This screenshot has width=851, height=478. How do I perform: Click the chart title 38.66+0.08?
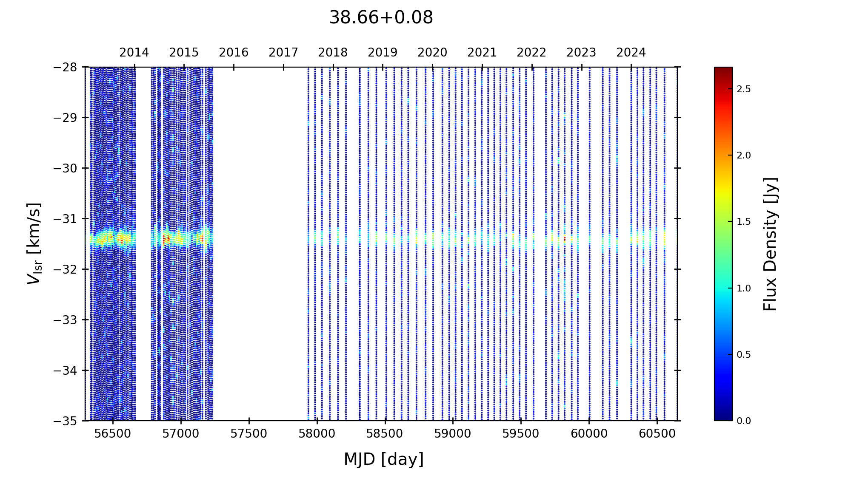coord(381,18)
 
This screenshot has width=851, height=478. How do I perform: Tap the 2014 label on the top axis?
coord(134,53)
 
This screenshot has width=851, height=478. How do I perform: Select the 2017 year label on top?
coord(283,53)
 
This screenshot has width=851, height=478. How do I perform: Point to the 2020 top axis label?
coord(432,53)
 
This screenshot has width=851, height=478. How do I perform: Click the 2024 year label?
coord(631,53)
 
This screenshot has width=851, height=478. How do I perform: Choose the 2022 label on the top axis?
coord(531,53)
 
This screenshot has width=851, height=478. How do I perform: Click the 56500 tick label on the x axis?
coord(113,434)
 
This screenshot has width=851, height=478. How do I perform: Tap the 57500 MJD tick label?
coord(249,434)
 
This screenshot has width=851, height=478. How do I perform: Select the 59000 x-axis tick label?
coord(453,434)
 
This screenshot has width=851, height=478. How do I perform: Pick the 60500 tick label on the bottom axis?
coord(657,434)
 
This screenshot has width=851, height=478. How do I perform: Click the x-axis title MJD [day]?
coord(383,459)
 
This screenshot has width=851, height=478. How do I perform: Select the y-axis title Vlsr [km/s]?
coord(34,243)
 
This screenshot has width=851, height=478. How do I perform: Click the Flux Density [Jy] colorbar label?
coord(770,244)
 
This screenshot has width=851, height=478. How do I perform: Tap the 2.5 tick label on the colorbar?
coord(744,89)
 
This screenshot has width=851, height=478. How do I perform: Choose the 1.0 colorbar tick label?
coord(744,288)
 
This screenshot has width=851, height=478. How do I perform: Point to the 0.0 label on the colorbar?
coord(744,421)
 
